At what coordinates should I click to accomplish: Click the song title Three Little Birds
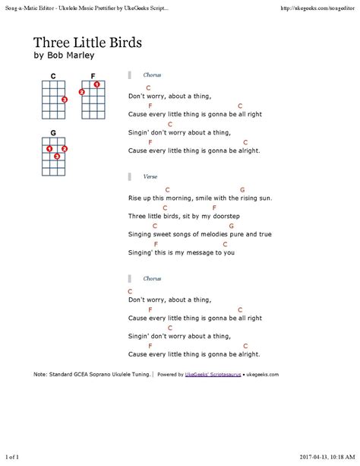point(87,43)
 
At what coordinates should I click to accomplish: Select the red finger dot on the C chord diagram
point(65,100)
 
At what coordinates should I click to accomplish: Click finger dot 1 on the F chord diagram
point(96,84)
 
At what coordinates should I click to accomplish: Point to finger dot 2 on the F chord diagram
point(82,92)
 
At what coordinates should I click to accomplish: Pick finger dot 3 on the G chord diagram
point(57,157)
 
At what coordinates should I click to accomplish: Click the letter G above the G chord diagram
point(53,133)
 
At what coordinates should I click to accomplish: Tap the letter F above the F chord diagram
point(93,76)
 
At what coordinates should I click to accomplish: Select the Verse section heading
point(150,176)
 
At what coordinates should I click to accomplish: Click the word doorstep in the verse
point(226,216)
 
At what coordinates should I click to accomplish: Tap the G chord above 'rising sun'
point(242,189)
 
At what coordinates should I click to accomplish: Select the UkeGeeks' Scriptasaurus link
point(213,375)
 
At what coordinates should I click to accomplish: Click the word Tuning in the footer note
point(141,375)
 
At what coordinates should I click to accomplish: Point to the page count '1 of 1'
point(12,457)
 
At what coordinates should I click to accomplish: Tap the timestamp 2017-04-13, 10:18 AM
point(327,457)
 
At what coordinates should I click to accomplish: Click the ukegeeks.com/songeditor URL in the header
point(317,8)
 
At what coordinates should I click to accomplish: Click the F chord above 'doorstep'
point(214,208)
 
